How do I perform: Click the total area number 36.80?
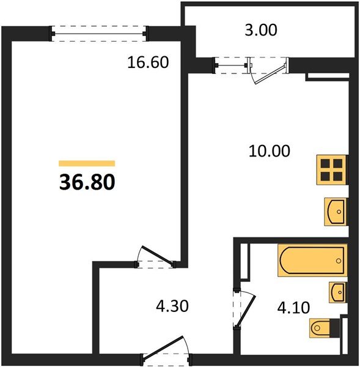(x=87, y=182)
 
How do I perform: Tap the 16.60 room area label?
(x=147, y=62)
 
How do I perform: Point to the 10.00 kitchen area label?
(x=269, y=150)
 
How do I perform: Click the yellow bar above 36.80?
(x=87, y=164)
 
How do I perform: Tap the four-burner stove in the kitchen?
(x=331, y=169)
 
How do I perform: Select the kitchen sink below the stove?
(x=335, y=212)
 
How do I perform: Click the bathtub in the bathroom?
(x=312, y=259)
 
